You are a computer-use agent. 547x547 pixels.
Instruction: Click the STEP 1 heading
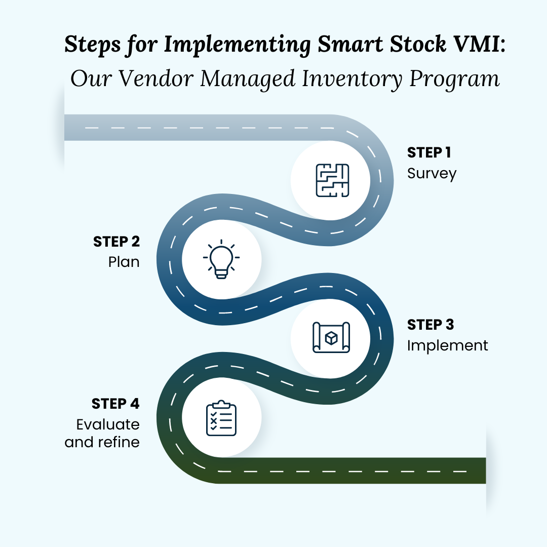coord(429,152)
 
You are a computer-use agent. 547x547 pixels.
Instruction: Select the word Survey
coord(432,174)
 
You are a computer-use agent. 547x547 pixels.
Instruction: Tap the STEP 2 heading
coord(116,242)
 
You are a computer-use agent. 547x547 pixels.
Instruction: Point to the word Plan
coord(124,262)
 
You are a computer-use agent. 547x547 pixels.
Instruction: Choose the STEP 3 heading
coord(431,324)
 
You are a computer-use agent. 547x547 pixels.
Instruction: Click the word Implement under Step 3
coord(448,345)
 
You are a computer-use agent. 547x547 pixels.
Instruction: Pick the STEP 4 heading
coord(115,404)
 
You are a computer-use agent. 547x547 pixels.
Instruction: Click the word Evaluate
coord(108,424)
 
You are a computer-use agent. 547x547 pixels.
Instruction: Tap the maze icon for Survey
coord(332,180)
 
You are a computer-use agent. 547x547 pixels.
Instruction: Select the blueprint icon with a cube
coord(331,337)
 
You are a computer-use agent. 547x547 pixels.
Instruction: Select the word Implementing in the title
coord(237,46)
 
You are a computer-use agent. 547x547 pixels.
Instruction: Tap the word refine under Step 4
coord(119,442)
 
